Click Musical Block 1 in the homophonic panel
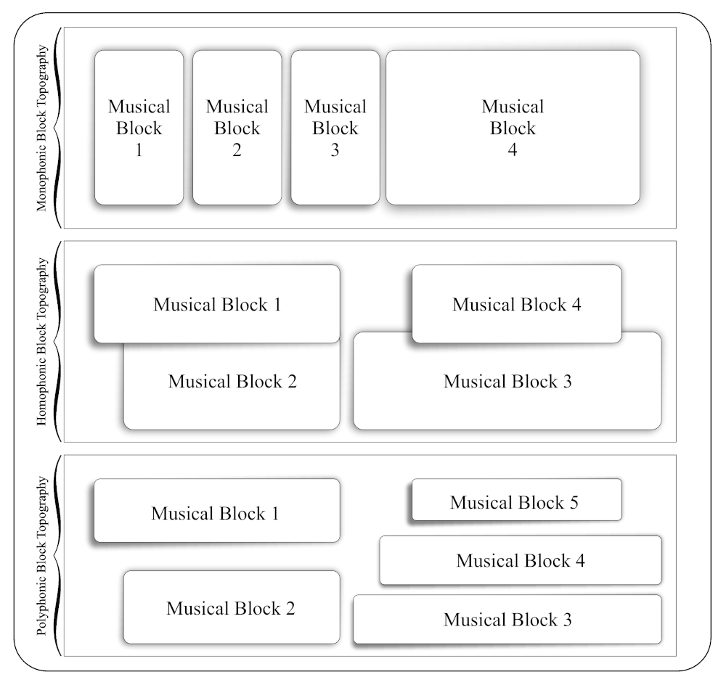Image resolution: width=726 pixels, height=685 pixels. [x=217, y=303]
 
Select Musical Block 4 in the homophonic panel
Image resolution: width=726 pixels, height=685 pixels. [x=517, y=303]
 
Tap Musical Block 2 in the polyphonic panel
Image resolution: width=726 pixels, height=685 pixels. [x=231, y=607]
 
